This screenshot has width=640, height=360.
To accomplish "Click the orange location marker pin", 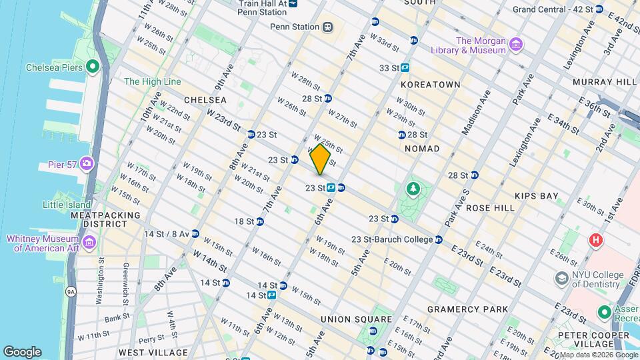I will click(x=320, y=159).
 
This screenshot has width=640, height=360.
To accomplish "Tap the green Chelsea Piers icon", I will click(x=92, y=67).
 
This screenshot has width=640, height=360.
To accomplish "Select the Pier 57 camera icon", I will click(x=86, y=163).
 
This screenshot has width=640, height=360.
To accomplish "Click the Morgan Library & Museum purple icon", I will click(x=515, y=45).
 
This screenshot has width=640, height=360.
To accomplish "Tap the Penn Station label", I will click(x=294, y=27).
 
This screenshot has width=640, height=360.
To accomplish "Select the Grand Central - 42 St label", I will click(x=552, y=9).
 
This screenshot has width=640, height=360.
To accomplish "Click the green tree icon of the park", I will click(x=413, y=190).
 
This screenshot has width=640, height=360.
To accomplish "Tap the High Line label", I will click(x=152, y=81).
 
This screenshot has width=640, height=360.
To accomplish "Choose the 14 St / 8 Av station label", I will click(x=166, y=234).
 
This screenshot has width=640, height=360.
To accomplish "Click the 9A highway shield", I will click(x=71, y=291).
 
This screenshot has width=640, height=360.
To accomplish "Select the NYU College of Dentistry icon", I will click(x=562, y=277).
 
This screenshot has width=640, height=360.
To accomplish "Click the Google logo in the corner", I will click(x=22, y=351).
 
